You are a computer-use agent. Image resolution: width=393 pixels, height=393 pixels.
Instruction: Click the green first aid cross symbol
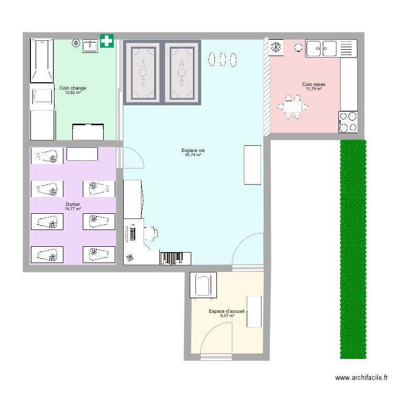(x=107, y=41)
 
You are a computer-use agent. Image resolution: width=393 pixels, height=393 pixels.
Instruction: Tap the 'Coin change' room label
(x=73, y=88)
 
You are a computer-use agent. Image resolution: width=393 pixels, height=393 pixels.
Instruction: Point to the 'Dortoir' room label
(x=73, y=204)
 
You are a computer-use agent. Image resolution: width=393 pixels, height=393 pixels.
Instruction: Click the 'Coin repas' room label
(x=314, y=84)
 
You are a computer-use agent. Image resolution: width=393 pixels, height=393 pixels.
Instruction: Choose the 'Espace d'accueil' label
(x=226, y=311)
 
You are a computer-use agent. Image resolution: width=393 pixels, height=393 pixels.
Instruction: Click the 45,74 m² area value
(x=193, y=155)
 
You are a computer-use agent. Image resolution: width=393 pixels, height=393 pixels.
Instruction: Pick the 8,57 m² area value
(x=226, y=316)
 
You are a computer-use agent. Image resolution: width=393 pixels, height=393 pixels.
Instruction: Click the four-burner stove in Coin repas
(x=347, y=122)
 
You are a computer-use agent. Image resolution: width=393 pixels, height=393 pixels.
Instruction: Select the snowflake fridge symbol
(x=276, y=48)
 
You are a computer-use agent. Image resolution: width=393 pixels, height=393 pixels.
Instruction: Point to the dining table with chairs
(x=293, y=107)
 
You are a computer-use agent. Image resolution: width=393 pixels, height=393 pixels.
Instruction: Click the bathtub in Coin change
(x=41, y=60)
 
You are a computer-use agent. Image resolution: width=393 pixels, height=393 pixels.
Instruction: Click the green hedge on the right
(x=352, y=249)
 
